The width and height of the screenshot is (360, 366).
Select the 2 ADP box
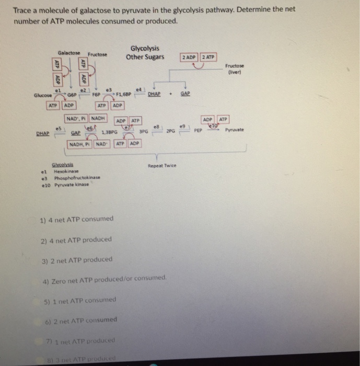(189, 56)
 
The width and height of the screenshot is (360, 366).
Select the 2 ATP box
(208, 56)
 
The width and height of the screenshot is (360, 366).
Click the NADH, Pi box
(80, 143)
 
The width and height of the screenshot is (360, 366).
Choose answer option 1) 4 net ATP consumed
(76, 219)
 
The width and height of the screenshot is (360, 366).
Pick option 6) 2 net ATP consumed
(84, 319)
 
